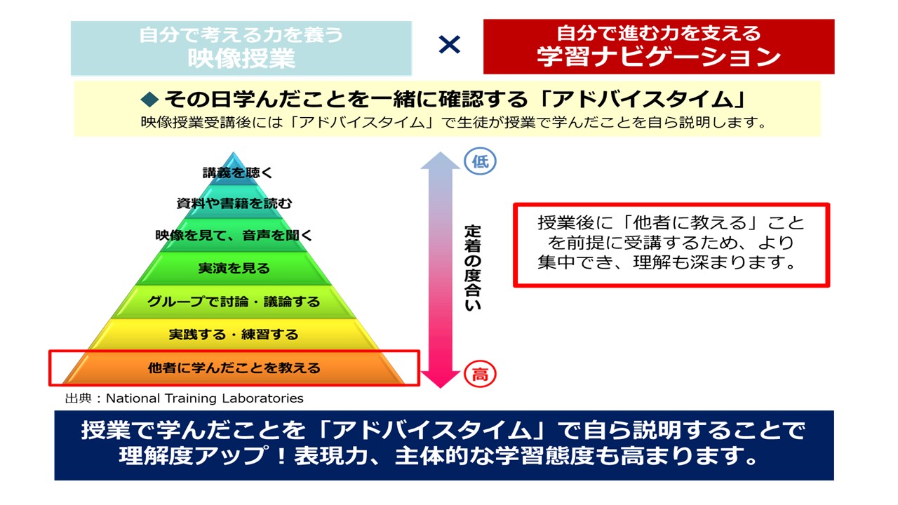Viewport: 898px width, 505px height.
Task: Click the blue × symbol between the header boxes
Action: pos(450,44)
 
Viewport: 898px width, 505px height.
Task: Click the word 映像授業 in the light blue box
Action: pos(242,58)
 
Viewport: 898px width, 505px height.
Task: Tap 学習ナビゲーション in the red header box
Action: pos(659,57)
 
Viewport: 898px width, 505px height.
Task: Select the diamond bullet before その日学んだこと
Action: pos(150,99)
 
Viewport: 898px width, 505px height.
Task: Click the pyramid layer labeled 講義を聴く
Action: pos(234,173)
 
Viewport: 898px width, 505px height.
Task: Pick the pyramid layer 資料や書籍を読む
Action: pos(234,203)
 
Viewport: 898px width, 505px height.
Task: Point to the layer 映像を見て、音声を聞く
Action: pos(234,235)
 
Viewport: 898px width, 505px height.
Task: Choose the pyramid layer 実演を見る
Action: pos(234,268)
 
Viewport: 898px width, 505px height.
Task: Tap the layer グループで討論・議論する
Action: pos(234,302)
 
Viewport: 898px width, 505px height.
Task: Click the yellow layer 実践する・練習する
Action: pos(234,335)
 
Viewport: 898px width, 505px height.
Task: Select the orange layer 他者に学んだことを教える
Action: pos(234,368)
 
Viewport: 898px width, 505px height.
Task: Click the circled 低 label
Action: pos(480,161)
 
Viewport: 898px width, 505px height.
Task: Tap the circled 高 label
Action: pos(480,375)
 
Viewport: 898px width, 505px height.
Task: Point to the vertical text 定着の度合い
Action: pos(473,268)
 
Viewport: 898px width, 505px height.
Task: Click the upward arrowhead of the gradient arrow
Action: pos(440,161)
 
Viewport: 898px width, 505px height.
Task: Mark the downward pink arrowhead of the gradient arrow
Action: pos(440,379)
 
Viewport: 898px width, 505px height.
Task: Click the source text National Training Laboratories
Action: pos(204,398)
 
